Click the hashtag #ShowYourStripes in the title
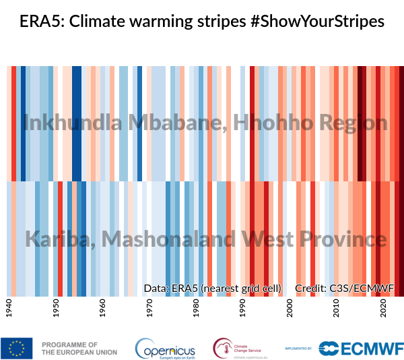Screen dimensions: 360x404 coord(316,22)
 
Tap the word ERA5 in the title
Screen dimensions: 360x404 coord(38,22)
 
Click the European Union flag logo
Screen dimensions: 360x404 coord(17,348)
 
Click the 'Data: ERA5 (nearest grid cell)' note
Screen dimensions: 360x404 coord(213,289)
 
